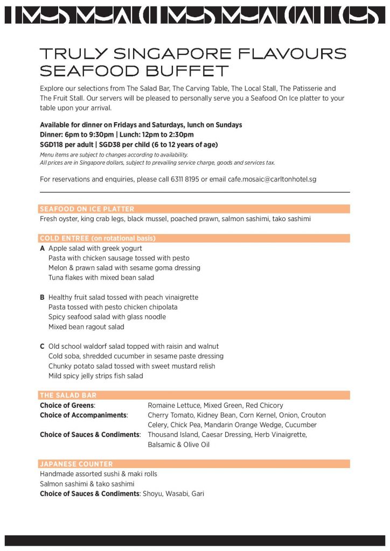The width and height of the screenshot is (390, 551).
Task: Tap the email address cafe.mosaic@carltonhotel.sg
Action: [272, 179]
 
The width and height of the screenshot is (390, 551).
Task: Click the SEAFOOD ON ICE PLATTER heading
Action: [87, 209]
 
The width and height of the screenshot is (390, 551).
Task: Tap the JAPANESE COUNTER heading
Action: [76, 464]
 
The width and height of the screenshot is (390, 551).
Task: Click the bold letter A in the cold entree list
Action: [42, 249]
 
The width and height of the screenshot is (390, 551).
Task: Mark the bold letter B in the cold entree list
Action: [42, 298]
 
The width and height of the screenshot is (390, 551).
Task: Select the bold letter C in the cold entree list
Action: [42, 347]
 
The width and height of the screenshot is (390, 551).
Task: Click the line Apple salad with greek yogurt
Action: [95, 249]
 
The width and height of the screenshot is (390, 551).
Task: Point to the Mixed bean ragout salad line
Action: [86, 327]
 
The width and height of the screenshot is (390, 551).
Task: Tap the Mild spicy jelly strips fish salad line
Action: [96, 376]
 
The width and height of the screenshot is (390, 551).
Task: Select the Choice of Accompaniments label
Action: [83, 415]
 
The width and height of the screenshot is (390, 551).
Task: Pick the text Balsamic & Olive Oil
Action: [178, 445]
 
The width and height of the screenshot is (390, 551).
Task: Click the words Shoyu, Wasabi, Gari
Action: [173, 494]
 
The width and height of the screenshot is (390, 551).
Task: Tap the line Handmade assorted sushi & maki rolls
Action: [99, 474]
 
